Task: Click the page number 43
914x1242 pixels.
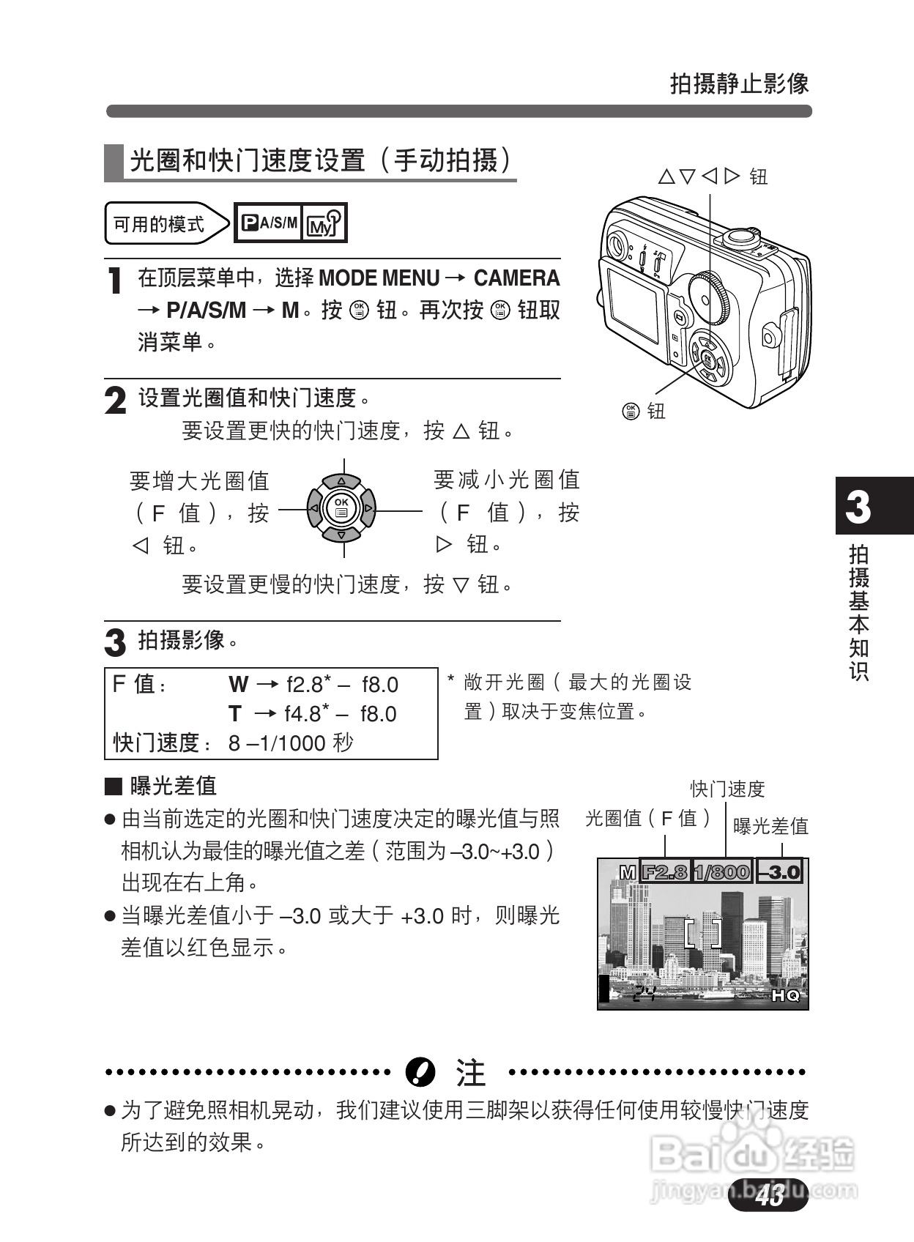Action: coord(771,1196)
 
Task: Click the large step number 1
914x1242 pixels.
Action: coord(114,281)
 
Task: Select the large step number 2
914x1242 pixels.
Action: coord(116,401)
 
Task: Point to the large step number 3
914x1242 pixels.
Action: coord(116,643)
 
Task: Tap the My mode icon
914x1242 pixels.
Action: coord(324,223)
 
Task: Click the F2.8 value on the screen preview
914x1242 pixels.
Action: coord(665,871)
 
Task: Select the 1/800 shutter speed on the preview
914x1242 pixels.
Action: coord(722,871)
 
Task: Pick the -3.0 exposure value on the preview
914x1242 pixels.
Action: coord(780,871)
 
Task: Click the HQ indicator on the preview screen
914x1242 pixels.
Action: coord(786,996)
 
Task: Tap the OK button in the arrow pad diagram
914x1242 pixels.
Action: coord(341,508)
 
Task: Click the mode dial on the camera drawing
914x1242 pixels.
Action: coord(710,297)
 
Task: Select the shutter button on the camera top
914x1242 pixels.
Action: coord(740,237)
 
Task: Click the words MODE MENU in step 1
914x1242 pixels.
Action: coord(379,278)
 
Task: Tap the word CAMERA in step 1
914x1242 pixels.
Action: coord(516,278)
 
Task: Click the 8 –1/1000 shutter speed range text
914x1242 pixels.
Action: coord(291,743)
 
